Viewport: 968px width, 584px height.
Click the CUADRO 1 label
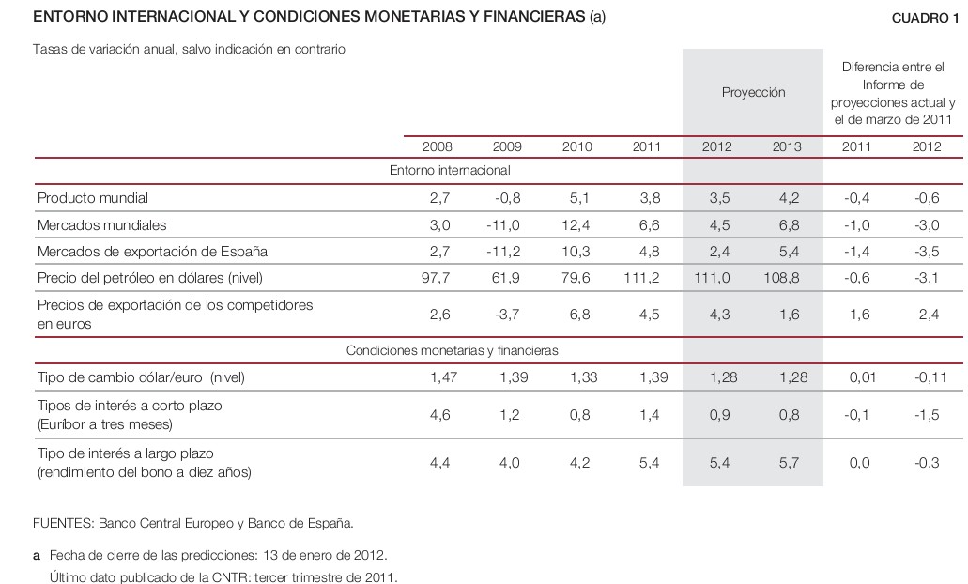pyautogui.click(x=926, y=18)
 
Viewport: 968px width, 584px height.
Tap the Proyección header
pyautogui.click(x=753, y=92)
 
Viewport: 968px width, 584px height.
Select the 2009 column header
pyautogui.click(x=507, y=146)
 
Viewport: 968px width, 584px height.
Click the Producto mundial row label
pyautogui.click(x=93, y=198)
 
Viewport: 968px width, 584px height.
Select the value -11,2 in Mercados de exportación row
pyautogui.click(x=504, y=252)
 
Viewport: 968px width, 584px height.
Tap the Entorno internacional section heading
pyautogui.click(x=450, y=171)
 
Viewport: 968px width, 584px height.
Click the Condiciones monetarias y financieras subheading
pyautogui.click(x=453, y=350)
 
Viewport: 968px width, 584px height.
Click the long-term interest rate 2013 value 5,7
pyautogui.click(x=789, y=463)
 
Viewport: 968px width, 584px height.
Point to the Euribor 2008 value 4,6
pyautogui.click(x=439, y=415)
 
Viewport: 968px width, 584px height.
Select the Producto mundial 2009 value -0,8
pyautogui.click(x=507, y=198)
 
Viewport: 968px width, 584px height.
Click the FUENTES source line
pyautogui.click(x=192, y=523)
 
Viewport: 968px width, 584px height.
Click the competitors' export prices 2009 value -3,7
pyautogui.click(x=507, y=315)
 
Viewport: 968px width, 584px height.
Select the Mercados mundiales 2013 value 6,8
pyautogui.click(x=789, y=225)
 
